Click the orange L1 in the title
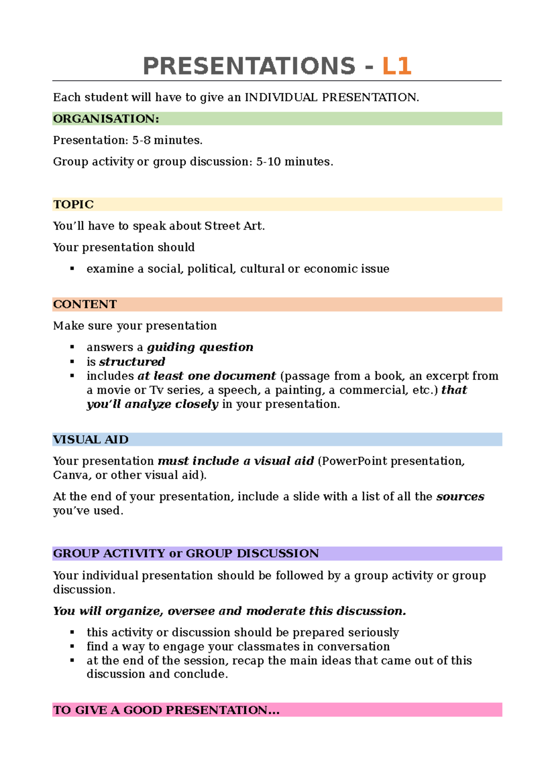397,66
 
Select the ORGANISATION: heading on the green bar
106,119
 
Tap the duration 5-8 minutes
167,140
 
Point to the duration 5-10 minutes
294,162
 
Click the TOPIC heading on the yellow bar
73,205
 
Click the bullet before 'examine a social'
72,268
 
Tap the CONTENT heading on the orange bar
85,304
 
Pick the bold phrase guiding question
200,347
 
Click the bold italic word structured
132,362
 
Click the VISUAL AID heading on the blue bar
90,439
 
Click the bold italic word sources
460,497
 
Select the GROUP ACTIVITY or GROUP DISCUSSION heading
186,553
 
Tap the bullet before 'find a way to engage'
72,647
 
